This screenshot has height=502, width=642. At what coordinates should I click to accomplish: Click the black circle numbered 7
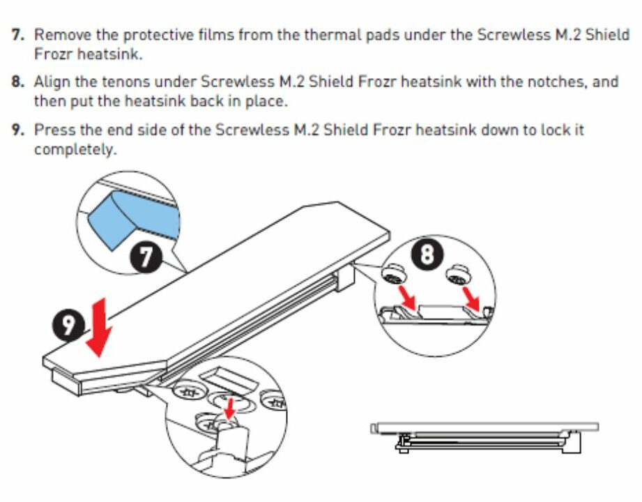(146, 257)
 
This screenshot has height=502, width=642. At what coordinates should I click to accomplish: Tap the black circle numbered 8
(427, 254)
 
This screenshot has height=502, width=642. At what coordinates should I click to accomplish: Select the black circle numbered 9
(69, 325)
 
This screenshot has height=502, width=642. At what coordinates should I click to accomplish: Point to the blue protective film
(133, 218)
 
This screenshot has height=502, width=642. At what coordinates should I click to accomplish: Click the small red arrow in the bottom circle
(231, 408)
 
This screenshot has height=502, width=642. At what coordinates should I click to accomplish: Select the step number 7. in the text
(18, 34)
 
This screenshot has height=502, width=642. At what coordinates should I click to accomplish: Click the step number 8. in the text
(18, 82)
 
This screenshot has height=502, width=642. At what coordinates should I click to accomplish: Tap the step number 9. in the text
(18, 130)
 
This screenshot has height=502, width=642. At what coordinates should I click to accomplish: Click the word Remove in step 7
(63, 34)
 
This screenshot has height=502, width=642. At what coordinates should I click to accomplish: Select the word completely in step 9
(75, 149)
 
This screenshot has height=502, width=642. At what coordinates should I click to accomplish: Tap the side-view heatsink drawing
(484, 437)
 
